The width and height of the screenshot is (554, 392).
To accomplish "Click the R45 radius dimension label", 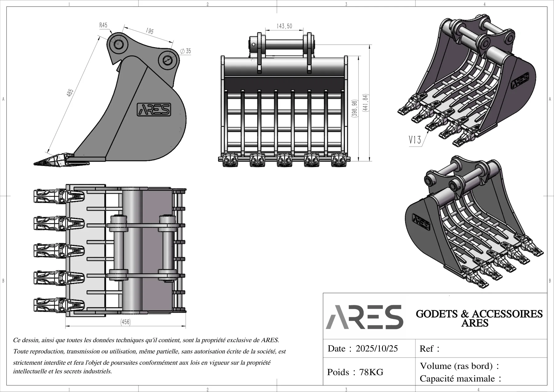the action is pyautogui.click(x=103, y=25).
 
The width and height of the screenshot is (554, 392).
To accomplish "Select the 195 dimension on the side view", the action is pyautogui.click(x=150, y=31).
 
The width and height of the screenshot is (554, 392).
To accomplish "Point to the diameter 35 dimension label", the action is pyautogui.click(x=185, y=51).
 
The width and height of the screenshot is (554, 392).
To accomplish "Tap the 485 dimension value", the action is pyautogui.click(x=70, y=93).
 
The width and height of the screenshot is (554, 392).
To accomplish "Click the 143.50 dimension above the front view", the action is pyautogui.click(x=284, y=26).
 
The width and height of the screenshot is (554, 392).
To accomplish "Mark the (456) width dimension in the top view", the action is pyautogui.click(x=126, y=322).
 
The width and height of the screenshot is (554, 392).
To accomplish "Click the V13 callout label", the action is pyautogui.click(x=415, y=140).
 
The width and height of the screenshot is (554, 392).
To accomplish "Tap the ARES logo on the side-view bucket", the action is pyautogui.click(x=154, y=110).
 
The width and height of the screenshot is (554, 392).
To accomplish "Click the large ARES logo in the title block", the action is pyautogui.click(x=364, y=317).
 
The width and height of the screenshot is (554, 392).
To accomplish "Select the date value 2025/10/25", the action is pyautogui.click(x=377, y=349).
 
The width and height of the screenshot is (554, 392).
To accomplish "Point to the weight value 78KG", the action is pyautogui.click(x=371, y=372).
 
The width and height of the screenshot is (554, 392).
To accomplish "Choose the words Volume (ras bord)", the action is pyautogui.click(x=456, y=366).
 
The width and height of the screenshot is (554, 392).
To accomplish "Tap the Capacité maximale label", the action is pyautogui.click(x=457, y=379).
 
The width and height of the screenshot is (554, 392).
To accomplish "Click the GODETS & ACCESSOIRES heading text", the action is pyautogui.click(x=479, y=314).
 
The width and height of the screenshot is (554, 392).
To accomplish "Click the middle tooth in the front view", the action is pyautogui.click(x=284, y=160).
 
